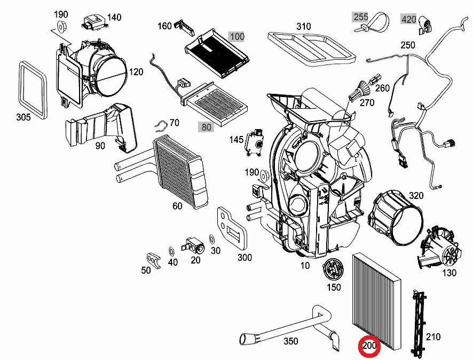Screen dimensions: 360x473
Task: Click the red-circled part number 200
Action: [369, 347]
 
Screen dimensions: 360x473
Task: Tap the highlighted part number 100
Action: [237, 37]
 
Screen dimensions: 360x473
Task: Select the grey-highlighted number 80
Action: [205, 127]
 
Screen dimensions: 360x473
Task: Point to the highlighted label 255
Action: [361, 17]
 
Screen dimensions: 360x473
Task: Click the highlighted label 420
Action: [408, 20]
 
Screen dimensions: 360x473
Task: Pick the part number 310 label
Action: [303, 26]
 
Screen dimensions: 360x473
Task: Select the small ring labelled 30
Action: [212, 238]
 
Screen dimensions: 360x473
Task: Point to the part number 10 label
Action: [304, 265]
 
